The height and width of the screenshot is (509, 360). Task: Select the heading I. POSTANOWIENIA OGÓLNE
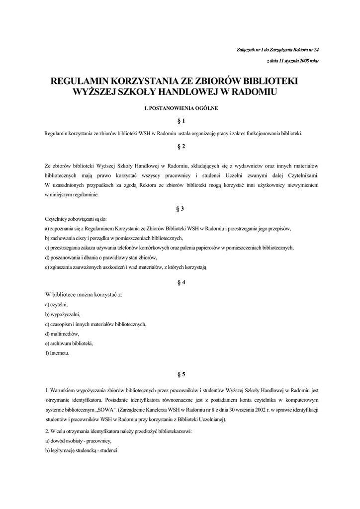click(x=180, y=107)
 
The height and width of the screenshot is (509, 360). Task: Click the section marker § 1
click(x=181, y=121)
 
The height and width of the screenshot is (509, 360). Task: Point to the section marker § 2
click(x=181, y=146)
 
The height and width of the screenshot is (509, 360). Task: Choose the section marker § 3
click(x=181, y=208)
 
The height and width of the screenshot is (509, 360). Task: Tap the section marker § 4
click(x=181, y=282)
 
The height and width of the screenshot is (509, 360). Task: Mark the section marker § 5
click(x=181, y=373)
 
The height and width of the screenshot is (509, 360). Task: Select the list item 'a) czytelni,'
click(x=56, y=304)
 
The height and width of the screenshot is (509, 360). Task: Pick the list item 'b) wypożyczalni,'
click(x=62, y=314)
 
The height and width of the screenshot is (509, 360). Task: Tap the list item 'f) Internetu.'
click(x=57, y=353)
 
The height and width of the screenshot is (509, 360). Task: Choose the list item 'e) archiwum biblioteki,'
click(x=69, y=343)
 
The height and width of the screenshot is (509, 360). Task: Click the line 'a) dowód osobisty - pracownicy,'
click(x=78, y=441)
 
